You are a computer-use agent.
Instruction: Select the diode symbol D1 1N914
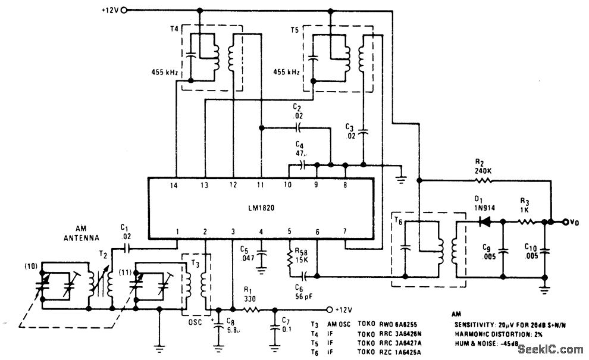tap(484, 221)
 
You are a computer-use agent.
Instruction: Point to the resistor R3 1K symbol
tap(527, 221)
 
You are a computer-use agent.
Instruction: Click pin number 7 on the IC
tap(344, 231)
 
